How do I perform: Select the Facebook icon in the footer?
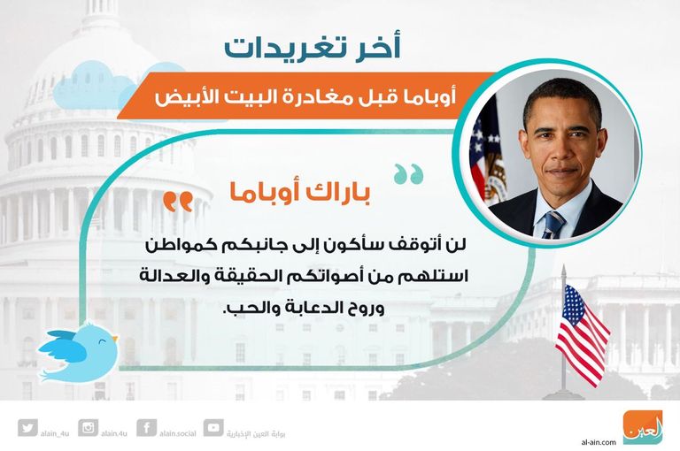148,428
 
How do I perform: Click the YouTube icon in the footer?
212,428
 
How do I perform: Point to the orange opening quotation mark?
178,203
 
